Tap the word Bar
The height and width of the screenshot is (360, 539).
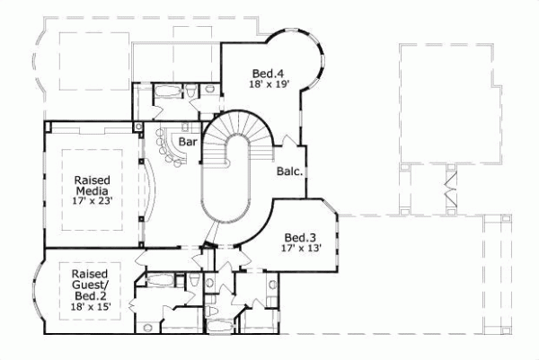click(187, 142)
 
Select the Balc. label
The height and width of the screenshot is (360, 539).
click(288, 171)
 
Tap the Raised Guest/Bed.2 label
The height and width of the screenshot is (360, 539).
click(90, 285)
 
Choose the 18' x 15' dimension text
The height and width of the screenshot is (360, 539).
click(90, 306)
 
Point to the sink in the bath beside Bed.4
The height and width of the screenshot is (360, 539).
click(208, 88)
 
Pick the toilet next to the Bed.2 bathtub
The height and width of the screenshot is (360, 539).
click(195, 282)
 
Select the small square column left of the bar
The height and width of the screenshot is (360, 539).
click(137, 127)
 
